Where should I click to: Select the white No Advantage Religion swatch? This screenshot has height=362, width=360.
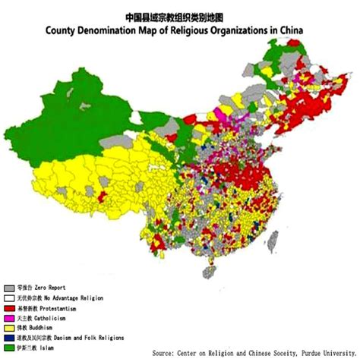[9, 298]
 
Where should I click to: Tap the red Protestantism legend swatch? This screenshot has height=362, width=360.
[9, 309]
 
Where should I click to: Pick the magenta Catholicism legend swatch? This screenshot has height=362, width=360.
[9, 319]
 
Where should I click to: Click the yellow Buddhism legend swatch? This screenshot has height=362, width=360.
[9, 328]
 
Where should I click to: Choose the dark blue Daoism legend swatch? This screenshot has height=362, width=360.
[9, 338]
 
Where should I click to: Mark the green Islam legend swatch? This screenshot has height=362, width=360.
[9, 348]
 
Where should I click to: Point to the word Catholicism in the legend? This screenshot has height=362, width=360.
[54, 319]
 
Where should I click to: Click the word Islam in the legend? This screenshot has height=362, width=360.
[48, 348]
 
